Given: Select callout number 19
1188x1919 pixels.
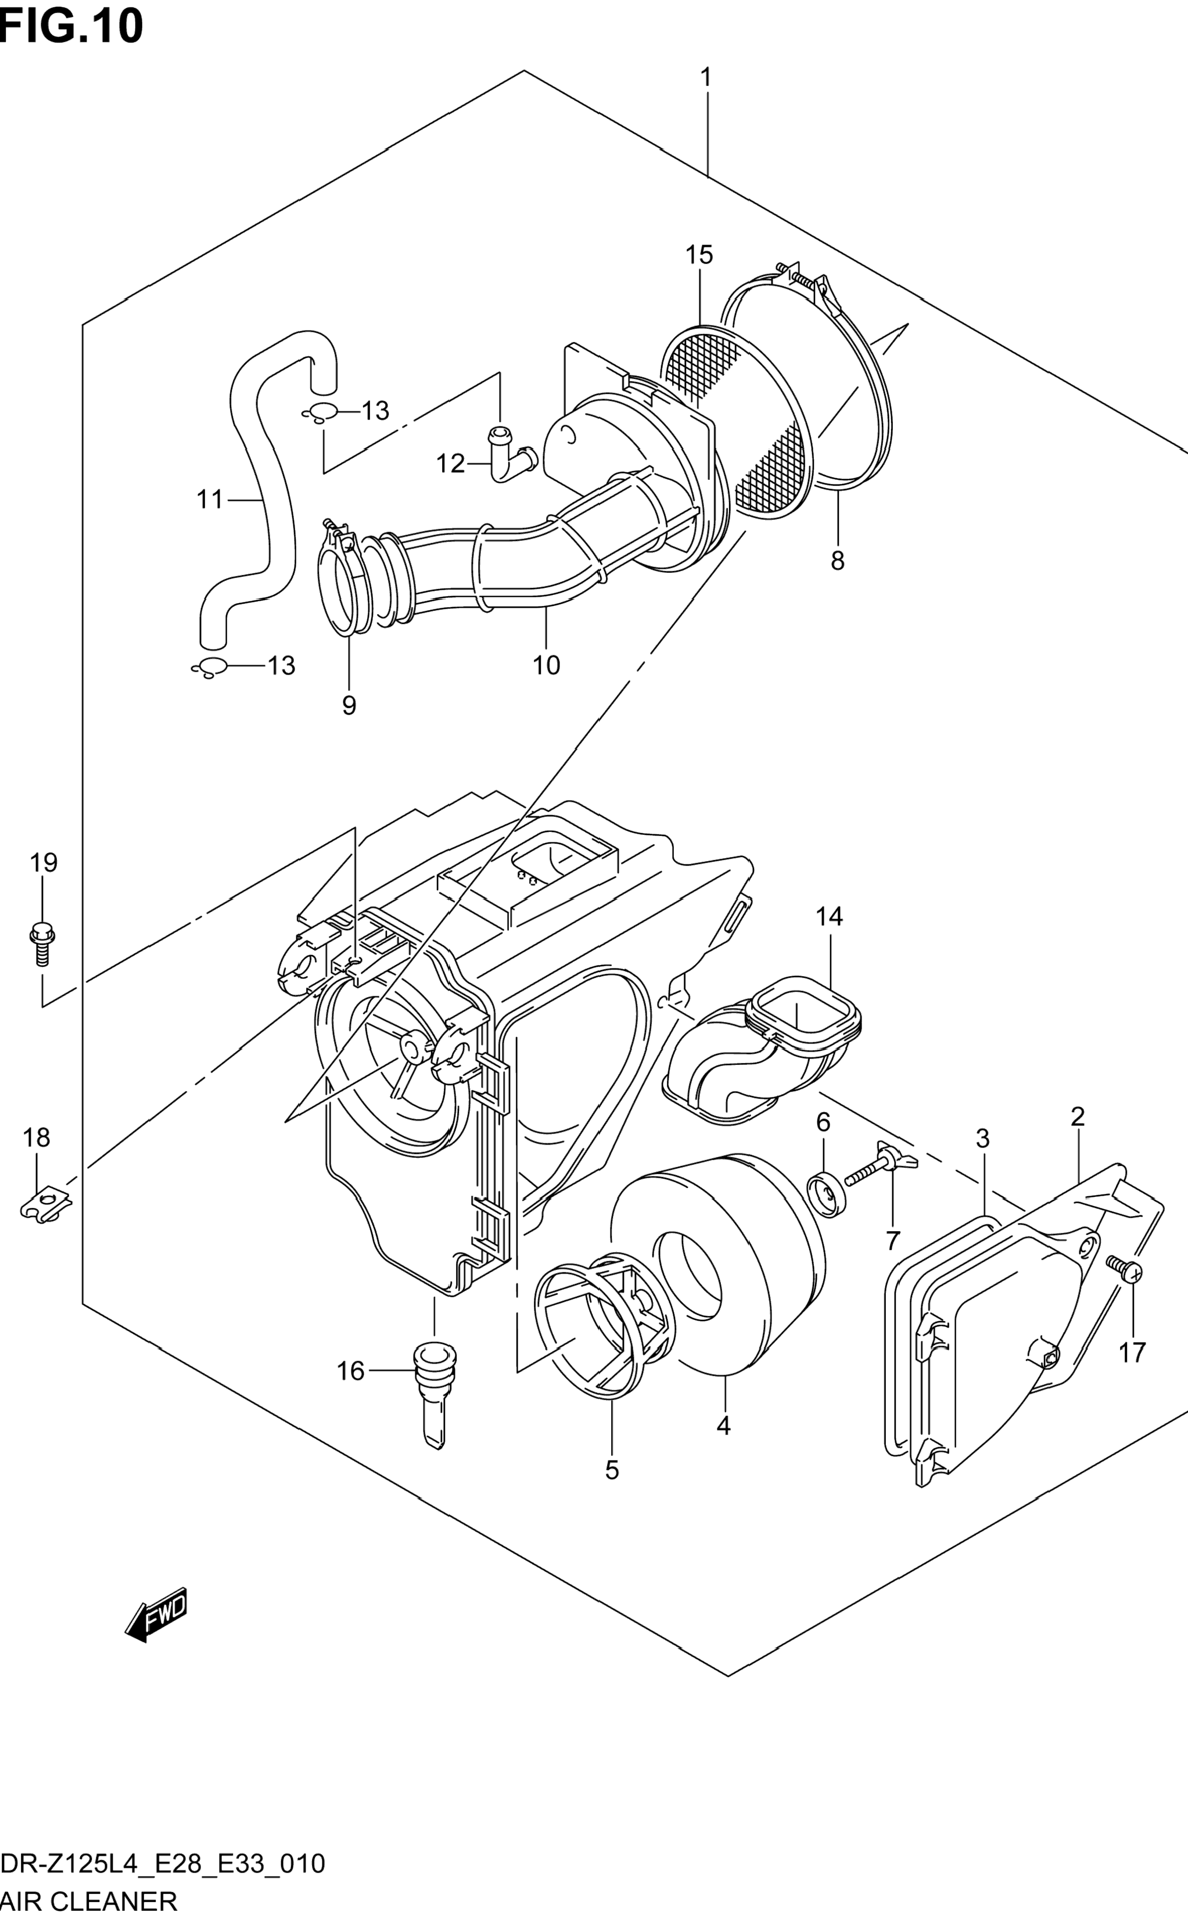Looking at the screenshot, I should pyautogui.click(x=44, y=863).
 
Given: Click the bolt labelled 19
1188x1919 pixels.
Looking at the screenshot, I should pyautogui.click(x=42, y=943).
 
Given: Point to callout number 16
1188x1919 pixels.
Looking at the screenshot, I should pyautogui.click(x=350, y=1371).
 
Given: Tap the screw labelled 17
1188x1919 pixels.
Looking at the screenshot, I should pyautogui.click(x=1124, y=1268).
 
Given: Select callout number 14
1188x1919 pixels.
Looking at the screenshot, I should pyautogui.click(x=829, y=916).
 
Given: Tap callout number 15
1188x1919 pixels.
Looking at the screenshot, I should pyautogui.click(x=698, y=254).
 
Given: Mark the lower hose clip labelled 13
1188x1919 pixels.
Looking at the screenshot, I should pyautogui.click(x=210, y=667).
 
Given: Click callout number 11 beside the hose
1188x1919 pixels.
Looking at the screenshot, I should pyautogui.click(x=210, y=499).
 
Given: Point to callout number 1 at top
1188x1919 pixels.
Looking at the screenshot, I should pyautogui.click(x=706, y=77).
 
